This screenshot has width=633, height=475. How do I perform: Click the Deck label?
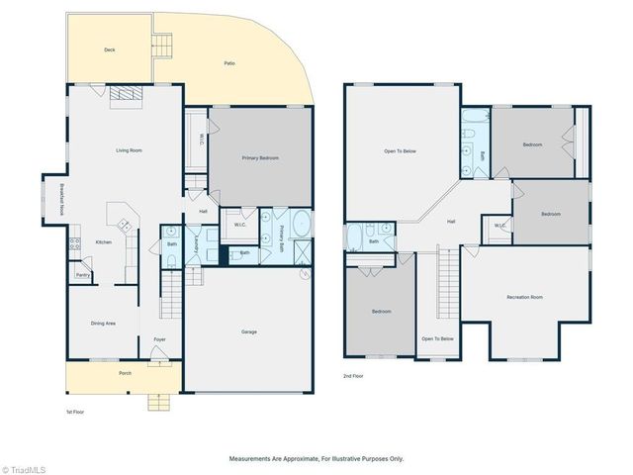[111, 49]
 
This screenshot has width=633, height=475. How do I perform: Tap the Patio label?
[229, 63]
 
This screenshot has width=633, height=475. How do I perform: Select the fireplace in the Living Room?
[126, 94]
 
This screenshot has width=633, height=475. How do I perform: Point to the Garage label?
[249, 332]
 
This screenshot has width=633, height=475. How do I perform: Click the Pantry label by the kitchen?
[83, 275]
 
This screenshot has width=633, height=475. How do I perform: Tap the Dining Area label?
[103, 323]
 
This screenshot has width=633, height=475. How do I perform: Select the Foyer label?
[159, 340]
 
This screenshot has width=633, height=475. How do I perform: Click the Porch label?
[125, 373]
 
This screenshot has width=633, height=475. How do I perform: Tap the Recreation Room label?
[524, 297]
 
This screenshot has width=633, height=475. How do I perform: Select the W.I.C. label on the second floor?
[501, 227]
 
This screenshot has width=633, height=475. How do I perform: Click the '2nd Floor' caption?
[355, 377]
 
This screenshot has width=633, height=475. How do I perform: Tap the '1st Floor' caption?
[76, 411]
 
